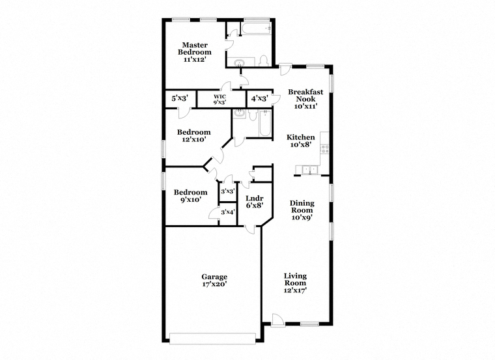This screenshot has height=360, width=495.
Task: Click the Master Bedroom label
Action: click(x=195, y=52)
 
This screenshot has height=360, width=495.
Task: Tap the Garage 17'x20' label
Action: click(x=214, y=280)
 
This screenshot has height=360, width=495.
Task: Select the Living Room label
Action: click(x=295, y=283)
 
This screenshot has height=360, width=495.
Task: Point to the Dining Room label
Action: click(x=302, y=210)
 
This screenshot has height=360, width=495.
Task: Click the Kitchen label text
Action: click(x=300, y=137)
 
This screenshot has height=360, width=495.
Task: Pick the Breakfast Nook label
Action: click(x=305, y=95)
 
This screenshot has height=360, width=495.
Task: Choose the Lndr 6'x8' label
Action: click(x=255, y=202)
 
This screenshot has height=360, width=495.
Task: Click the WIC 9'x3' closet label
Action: click(x=219, y=99)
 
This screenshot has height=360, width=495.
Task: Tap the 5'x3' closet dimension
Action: click(x=180, y=98)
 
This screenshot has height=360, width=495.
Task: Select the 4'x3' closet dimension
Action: click(x=259, y=98)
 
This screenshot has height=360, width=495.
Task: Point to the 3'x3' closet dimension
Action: click(x=228, y=191)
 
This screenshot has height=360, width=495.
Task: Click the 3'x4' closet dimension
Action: click(x=227, y=212)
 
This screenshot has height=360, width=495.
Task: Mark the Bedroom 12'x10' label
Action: click(x=193, y=135)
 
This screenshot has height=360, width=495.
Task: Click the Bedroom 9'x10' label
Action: click(x=190, y=195)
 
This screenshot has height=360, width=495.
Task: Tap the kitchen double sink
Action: click(x=309, y=170)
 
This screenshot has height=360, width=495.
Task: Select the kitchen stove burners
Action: click(x=324, y=149)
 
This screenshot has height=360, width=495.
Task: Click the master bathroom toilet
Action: click(x=263, y=61)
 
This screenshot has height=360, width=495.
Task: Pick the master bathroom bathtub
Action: click(x=257, y=29)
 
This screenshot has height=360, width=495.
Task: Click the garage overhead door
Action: click(x=212, y=339)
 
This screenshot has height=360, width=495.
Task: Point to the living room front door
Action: click(x=278, y=320)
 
